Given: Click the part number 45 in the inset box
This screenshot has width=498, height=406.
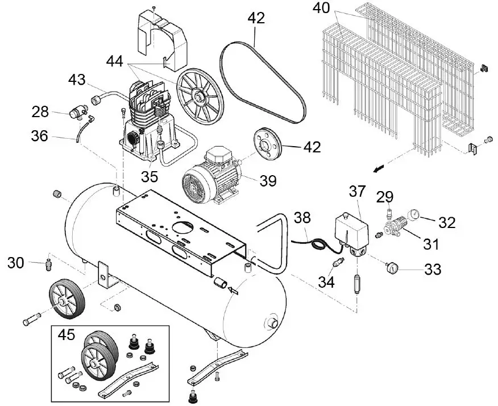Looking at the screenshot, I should pyautogui.click(x=67, y=335).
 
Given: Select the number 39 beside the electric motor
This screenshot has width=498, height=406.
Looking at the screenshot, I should pyautogui.click(x=268, y=181).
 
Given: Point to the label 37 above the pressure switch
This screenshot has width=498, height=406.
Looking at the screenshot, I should pyautogui.click(x=356, y=192).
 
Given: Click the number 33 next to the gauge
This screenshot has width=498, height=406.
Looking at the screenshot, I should pyautogui.click(x=433, y=270).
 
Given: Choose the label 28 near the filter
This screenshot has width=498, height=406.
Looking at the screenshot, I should pyautogui.click(x=40, y=111).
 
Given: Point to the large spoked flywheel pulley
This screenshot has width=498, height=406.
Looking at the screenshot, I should pyautogui.click(x=198, y=93).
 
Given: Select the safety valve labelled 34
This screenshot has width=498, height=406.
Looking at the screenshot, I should pyautogui.click(x=337, y=263).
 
